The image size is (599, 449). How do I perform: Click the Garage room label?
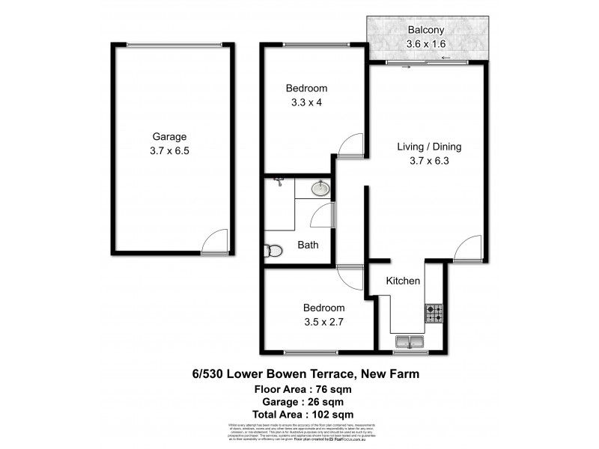169,137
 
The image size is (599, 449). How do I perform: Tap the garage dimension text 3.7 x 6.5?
169,150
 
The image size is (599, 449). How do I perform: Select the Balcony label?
427,31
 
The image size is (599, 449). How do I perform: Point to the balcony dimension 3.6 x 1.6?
427,43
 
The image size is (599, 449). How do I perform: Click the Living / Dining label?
429,146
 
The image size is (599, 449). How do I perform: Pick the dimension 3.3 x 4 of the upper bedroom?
306,102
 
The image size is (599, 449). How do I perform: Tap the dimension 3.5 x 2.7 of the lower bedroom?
323,321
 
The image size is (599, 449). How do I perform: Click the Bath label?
308,245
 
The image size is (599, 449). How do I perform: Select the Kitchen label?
402,281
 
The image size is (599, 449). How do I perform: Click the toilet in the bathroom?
273,250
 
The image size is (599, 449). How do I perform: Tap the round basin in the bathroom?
320,189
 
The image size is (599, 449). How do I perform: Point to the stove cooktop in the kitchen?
435,314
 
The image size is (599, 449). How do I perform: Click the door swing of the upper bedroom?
350,146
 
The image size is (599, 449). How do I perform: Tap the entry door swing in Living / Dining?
468,247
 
